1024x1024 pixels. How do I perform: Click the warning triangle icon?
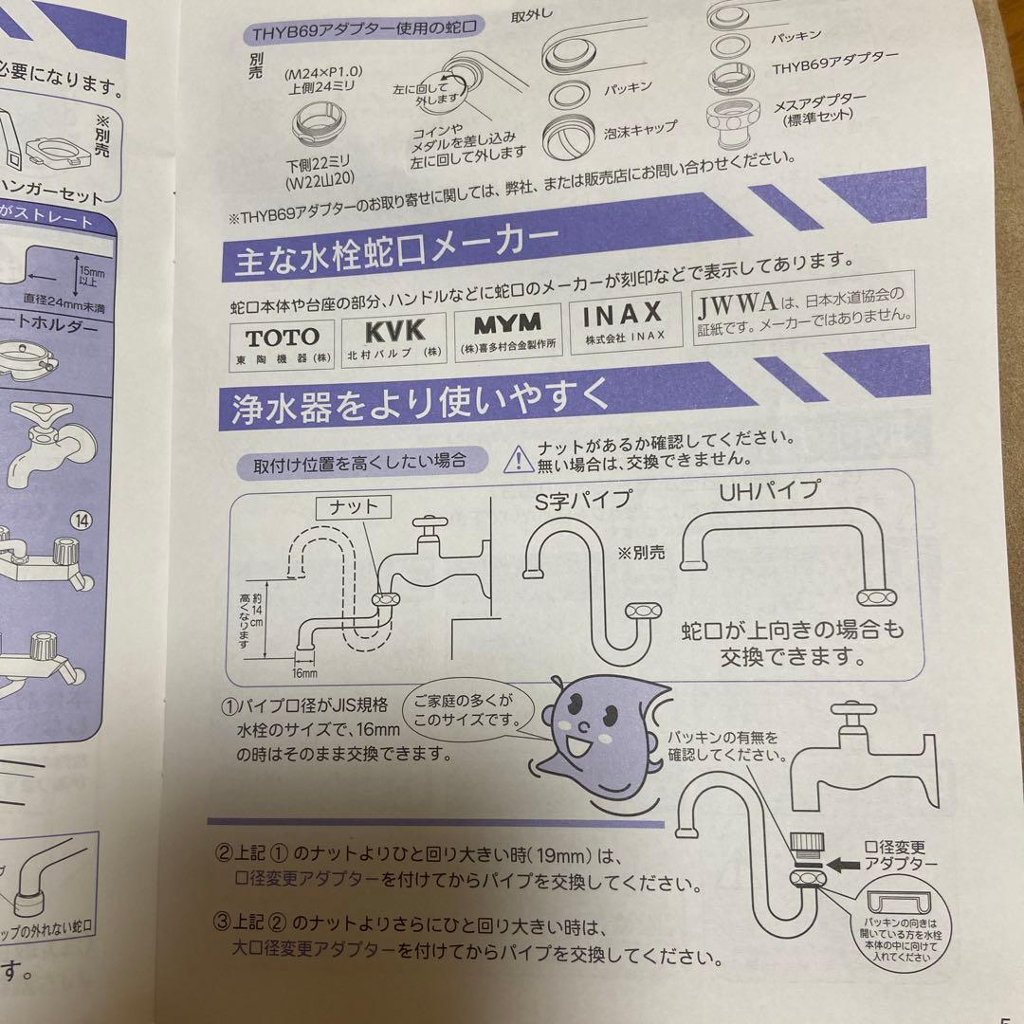pyautogui.click(x=518, y=459)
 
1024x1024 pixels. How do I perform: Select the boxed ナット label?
pyautogui.click(x=352, y=507)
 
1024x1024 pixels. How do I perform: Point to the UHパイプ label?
pyautogui.click(x=770, y=491)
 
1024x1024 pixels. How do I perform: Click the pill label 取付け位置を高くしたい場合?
pyautogui.click(x=360, y=463)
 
